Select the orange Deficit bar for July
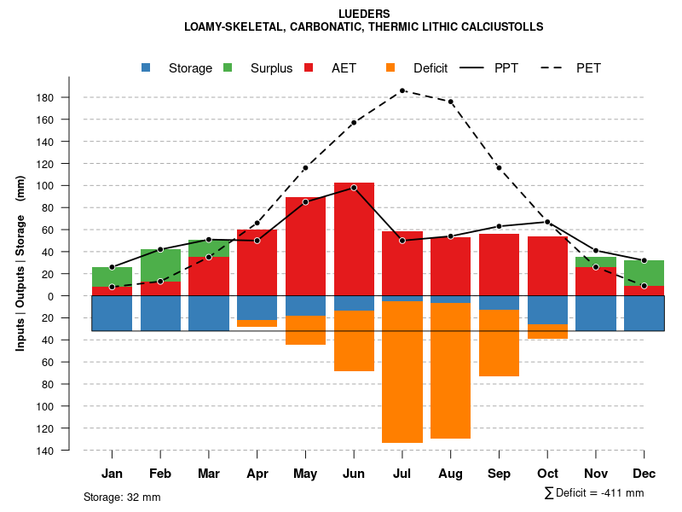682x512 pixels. (x=402, y=372)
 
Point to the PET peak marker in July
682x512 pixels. (x=402, y=90)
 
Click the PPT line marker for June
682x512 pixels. (x=354, y=187)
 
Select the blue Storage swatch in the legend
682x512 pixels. (x=147, y=67)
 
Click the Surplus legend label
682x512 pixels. (x=271, y=68)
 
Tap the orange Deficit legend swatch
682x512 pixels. (x=391, y=67)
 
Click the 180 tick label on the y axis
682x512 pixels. (x=45, y=97)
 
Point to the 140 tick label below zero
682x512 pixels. (x=45, y=450)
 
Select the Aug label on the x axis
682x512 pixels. (x=451, y=474)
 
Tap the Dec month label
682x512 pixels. (x=644, y=474)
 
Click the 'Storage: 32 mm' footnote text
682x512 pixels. (x=122, y=497)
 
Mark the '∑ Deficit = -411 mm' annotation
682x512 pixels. (x=593, y=493)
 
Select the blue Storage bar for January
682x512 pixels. (x=112, y=313)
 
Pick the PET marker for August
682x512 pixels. (x=451, y=102)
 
